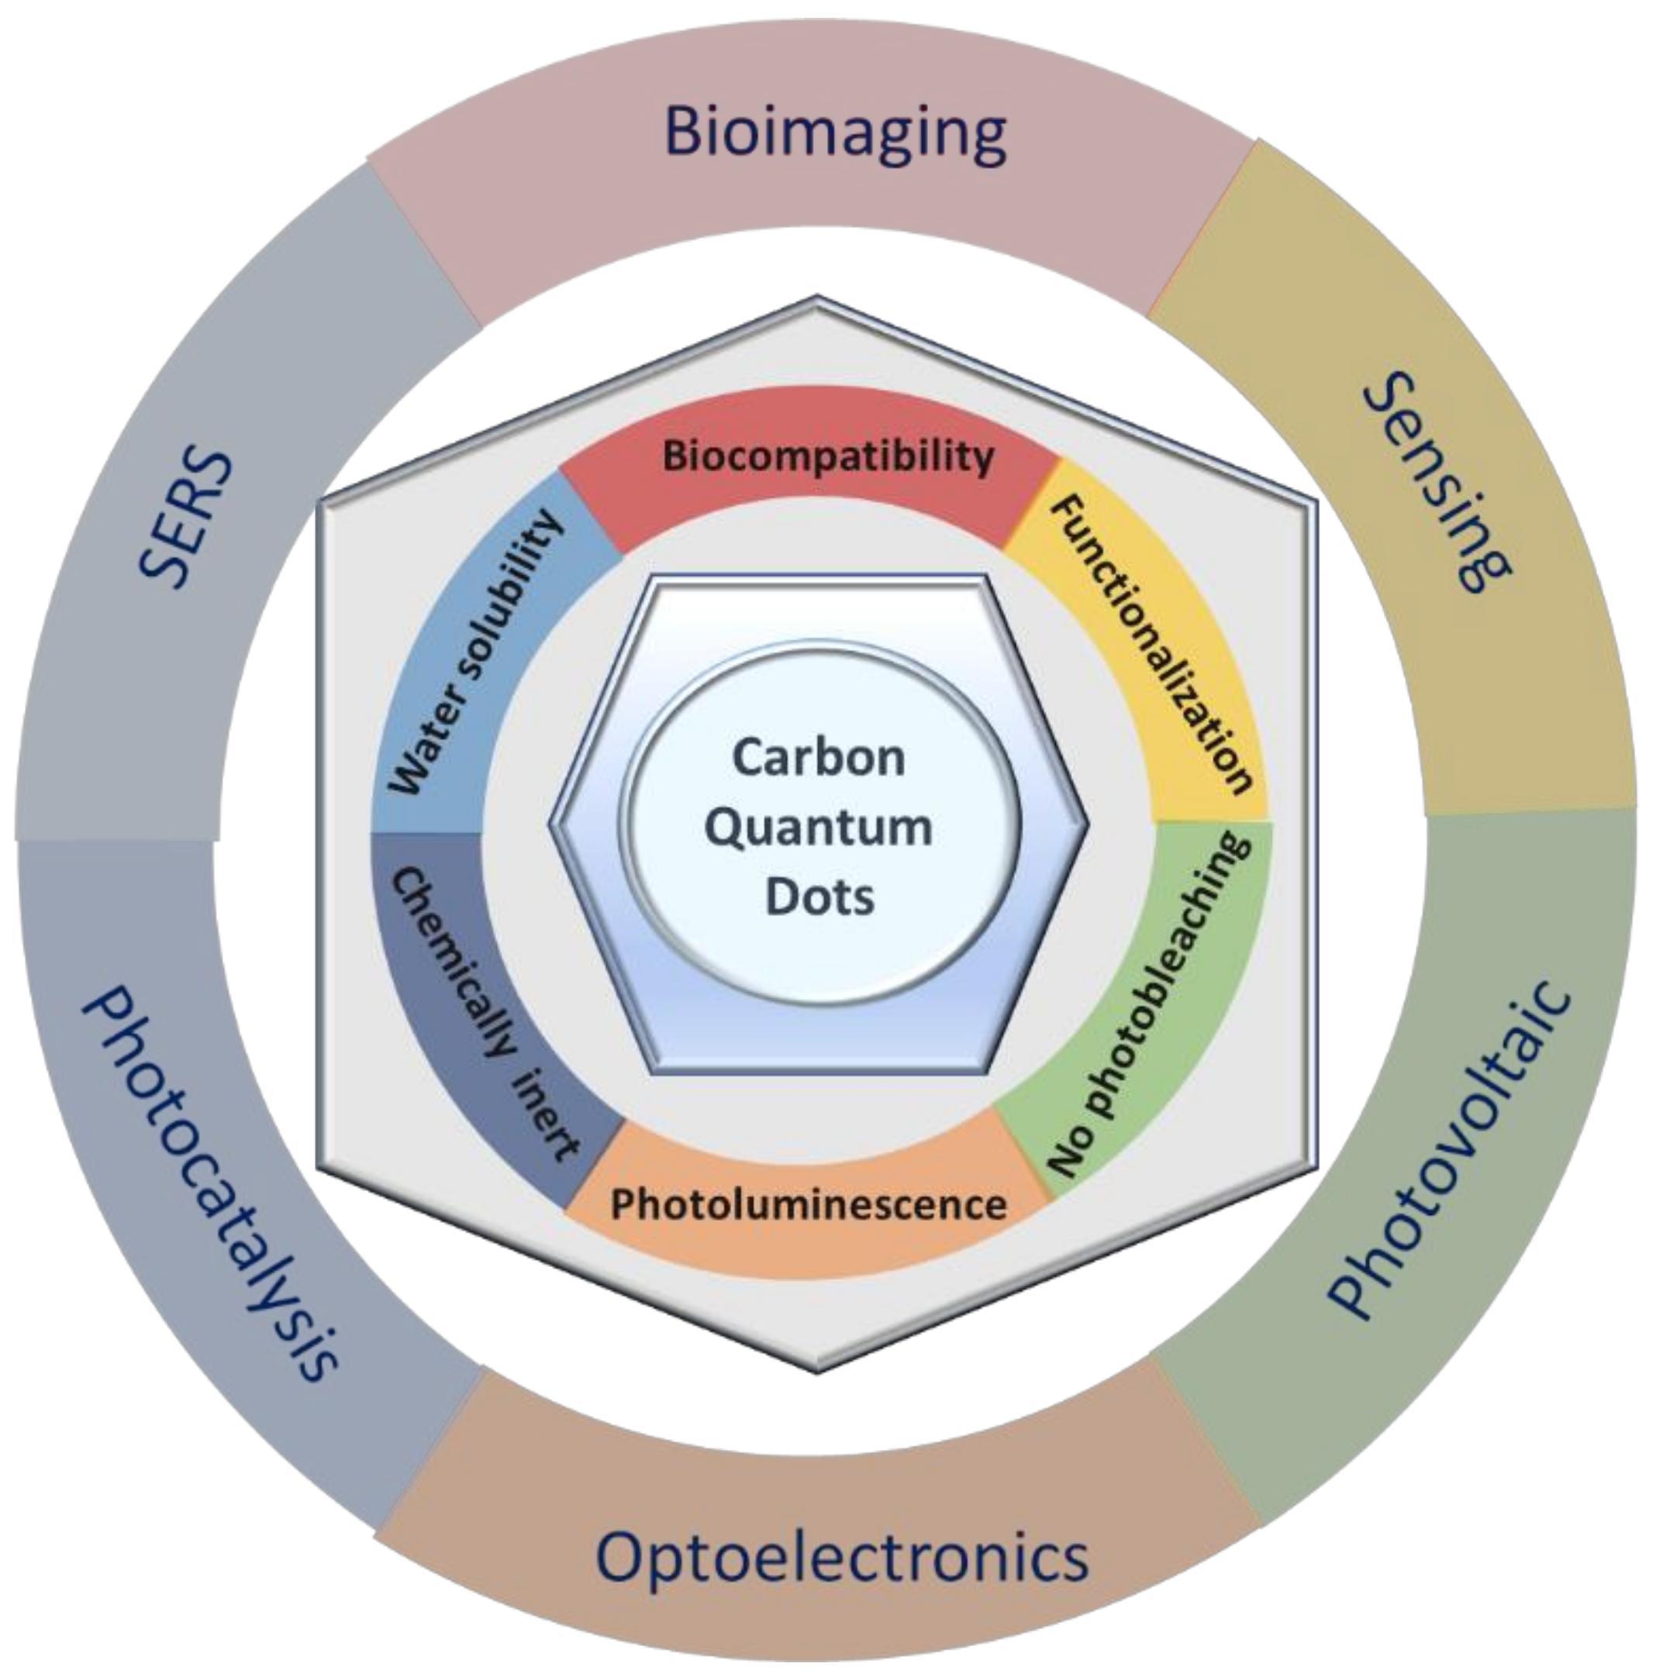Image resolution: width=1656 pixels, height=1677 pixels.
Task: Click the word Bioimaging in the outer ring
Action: pos(833,133)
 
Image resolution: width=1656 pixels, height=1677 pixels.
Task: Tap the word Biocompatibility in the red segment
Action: pos(827,456)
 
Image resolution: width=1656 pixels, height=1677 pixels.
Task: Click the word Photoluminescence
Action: pos(808,1205)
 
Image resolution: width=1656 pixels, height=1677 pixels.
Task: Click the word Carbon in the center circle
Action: pos(818,757)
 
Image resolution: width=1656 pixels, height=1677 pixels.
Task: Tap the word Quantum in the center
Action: pos(818,826)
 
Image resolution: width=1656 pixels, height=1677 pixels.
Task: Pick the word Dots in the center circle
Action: pos(818,896)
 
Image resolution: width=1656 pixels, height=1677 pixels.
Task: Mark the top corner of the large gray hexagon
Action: pos(816,298)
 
